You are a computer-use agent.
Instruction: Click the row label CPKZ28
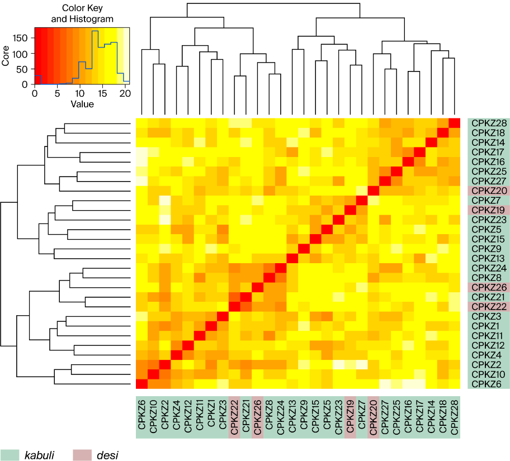[x=489, y=123]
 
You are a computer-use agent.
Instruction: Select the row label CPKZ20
[x=489, y=190]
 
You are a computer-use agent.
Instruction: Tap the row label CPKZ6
[x=489, y=384]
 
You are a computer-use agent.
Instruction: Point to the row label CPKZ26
[x=489, y=287]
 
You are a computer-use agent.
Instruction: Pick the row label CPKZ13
[x=489, y=258]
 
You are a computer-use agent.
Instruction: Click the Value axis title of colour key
[x=82, y=104]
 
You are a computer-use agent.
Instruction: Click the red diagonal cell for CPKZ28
[x=455, y=123]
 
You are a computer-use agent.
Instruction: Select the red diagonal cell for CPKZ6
[x=142, y=384]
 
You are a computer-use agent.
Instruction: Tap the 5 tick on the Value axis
[x=58, y=93]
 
